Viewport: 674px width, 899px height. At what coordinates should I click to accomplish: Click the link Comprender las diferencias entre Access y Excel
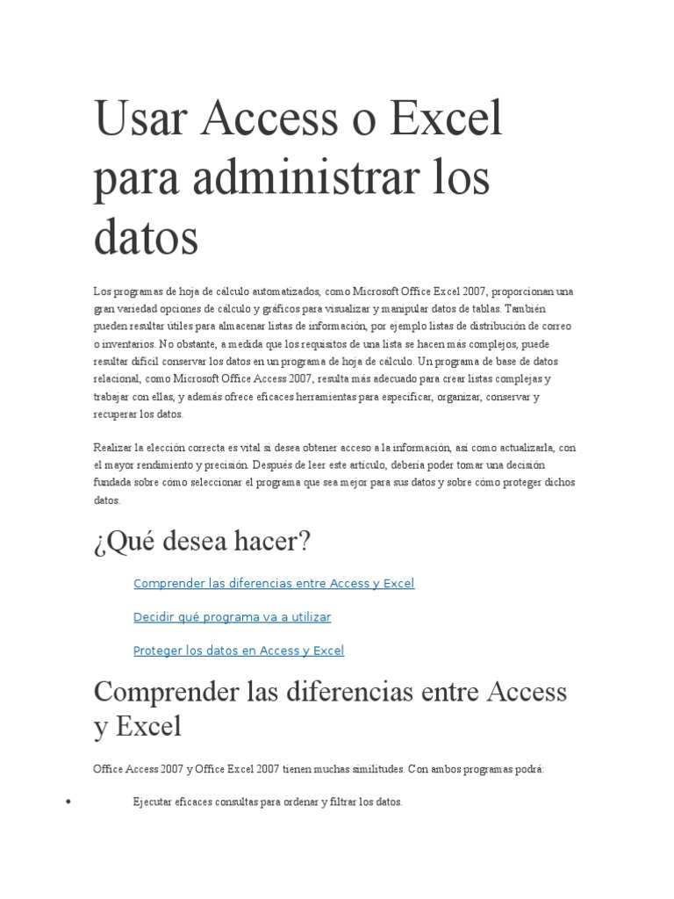point(274,584)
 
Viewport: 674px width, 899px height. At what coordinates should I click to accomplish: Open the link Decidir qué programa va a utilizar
point(232,617)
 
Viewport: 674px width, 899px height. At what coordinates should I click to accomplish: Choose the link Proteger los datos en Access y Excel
point(239,651)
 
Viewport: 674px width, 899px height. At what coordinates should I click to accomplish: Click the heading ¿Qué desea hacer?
point(202,542)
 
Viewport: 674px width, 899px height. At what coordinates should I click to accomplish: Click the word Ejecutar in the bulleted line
point(153,802)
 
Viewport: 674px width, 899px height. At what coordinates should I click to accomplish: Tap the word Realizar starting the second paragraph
point(113,448)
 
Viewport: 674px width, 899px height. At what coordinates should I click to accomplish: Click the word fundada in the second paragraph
point(111,483)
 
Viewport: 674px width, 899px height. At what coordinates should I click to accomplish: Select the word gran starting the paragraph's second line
point(104,309)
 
